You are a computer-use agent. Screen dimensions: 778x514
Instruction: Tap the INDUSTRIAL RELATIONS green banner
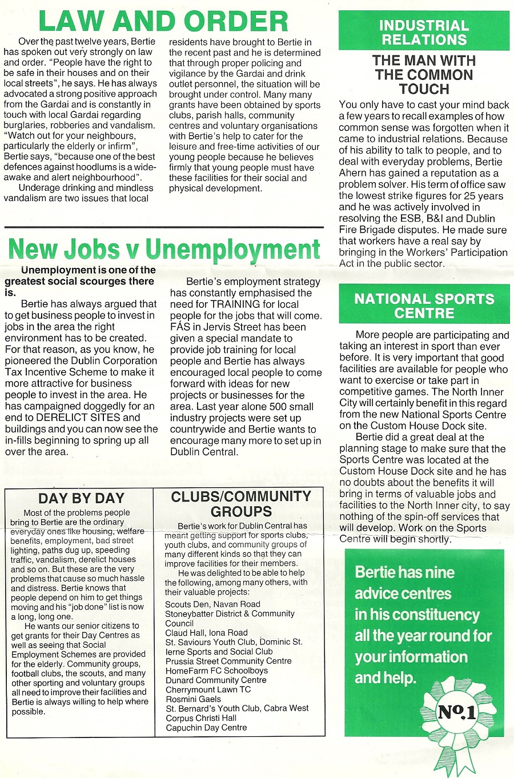tap(424, 33)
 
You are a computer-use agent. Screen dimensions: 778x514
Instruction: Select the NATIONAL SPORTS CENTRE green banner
tap(424, 306)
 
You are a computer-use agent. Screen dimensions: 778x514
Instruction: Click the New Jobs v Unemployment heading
tap(164, 249)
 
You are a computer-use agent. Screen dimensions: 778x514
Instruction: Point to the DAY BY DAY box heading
tap(81, 499)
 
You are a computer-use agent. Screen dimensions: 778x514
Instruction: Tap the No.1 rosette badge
tap(456, 714)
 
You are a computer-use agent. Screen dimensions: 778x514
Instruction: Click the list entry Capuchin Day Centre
tap(206, 728)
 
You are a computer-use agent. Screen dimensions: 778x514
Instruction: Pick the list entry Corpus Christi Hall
tap(200, 718)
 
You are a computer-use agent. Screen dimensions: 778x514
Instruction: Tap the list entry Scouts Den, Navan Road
tap(212, 604)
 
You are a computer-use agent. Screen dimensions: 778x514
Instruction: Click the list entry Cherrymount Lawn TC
tap(208, 689)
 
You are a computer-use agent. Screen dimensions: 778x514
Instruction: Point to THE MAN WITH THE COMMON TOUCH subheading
tap(424, 75)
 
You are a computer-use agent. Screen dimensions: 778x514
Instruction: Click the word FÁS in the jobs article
tap(180, 327)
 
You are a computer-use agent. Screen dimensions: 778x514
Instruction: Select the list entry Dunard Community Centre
tap(216, 680)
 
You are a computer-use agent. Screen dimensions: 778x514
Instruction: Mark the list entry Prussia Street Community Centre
tap(228, 661)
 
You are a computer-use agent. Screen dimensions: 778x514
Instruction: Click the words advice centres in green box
tap(403, 593)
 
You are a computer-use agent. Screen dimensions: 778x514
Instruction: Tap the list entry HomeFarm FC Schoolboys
tap(216, 671)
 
